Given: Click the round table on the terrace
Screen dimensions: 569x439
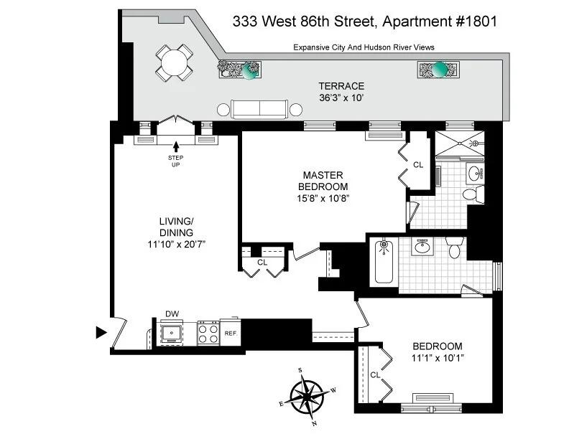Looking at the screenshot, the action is (x=174, y=63).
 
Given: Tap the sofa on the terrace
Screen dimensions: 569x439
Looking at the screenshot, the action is (x=259, y=109).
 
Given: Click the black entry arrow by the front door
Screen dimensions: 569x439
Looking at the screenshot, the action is (x=101, y=332).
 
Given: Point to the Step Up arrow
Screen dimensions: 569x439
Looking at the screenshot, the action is (x=176, y=146).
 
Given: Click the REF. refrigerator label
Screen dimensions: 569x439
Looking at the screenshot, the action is (x=231, y=334).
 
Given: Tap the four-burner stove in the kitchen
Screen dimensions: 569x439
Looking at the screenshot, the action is (x=208, y=333).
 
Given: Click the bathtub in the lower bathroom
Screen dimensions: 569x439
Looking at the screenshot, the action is (x=384, y=262).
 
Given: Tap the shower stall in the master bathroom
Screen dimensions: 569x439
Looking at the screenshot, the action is (x=460, y=143).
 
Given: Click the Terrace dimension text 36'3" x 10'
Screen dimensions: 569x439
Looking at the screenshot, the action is (x=341, y=98).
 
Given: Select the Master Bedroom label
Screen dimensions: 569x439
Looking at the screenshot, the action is (x=323, y=181).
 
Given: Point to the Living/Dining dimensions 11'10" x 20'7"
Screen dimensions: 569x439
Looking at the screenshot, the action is (x=176, y=245).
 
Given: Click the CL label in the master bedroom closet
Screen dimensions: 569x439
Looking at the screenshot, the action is (x=418, y=165).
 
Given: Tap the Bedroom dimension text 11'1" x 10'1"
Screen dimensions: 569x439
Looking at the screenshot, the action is (x=438, y=358).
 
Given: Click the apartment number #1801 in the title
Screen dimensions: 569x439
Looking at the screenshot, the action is (x=476, y=22).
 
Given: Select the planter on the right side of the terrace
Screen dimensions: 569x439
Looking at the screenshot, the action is (x=438, y=70).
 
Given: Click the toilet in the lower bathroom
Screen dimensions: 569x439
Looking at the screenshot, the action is (x=454, y=247).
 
